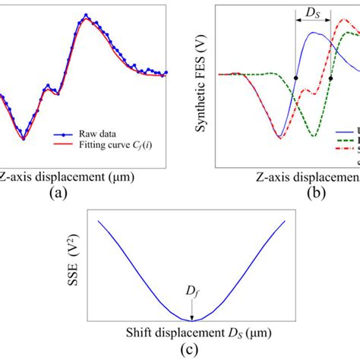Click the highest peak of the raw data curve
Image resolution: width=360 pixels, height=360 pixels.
click(87, 14)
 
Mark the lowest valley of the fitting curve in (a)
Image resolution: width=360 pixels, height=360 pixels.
click(24, 139)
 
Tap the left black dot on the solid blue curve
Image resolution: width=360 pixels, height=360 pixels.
click(296, 78)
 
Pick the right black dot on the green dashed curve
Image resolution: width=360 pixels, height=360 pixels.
click(331, 78)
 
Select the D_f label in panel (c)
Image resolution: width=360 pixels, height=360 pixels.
click(192, 292)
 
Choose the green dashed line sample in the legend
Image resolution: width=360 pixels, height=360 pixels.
click(345, 140)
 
